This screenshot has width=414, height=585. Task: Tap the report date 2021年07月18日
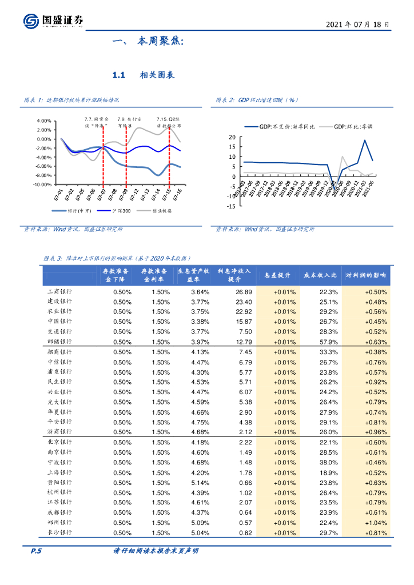click(x=358, y=25)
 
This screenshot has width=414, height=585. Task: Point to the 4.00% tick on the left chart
click(x=44, y=121)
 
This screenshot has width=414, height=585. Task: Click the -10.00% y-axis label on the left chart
click(x=43, y=185)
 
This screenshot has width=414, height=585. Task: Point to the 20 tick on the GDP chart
click(x=232, y=137)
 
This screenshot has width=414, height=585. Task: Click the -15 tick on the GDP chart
click(x=230, y=207)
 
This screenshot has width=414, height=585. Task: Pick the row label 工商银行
click(x=59, y=292)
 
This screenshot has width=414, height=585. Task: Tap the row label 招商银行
click(x=59, y=352)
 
